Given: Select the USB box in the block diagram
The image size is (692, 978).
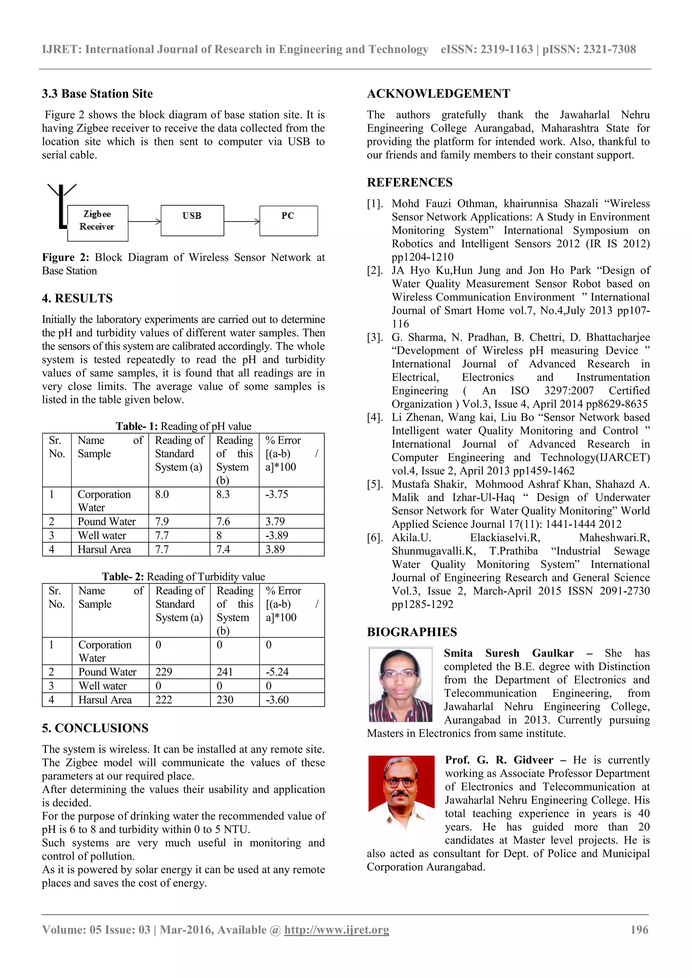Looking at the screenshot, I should tap(192, 220).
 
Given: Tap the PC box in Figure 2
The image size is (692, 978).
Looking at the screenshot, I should tap(289, 220).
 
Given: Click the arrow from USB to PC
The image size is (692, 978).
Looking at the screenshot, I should tap(242, 221).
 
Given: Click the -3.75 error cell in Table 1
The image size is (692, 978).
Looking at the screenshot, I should tap(277, 494).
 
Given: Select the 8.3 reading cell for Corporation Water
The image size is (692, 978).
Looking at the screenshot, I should tap(223, 494).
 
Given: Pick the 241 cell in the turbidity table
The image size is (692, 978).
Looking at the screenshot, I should tap(225, 672).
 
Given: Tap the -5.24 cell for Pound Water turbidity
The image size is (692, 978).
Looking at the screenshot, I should tap(277, 672).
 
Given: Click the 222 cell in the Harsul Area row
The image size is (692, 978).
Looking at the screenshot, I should tap(164, 699).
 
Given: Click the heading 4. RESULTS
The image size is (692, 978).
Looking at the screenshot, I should tap(77, 298).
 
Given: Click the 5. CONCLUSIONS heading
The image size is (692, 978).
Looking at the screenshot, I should tap(95, 728).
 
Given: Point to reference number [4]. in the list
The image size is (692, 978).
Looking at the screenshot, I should tap(375, 417).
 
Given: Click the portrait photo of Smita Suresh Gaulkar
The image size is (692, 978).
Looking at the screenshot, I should tap(400, 685).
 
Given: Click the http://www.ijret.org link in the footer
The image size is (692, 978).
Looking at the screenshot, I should tap(337, 929).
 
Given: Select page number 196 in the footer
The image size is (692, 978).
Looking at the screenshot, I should tap(639, 929).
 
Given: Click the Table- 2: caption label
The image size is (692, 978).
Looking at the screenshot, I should tap(123, 577).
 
